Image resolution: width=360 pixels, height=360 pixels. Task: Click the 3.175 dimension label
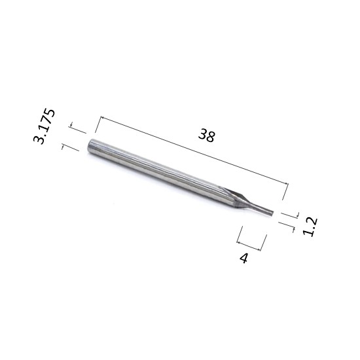[x=45, y=126]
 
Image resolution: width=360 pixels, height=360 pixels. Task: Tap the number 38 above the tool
[x=207, y=135]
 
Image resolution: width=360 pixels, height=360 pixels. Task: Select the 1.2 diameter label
[x=310, y=226]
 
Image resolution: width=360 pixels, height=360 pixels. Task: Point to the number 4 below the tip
[x=244, y=258]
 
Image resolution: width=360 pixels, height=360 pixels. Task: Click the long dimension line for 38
[x=194, y=151]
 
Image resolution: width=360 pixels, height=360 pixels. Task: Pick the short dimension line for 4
[x=249, y=246]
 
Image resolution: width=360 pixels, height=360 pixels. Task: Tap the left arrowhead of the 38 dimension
[x=103, y=118]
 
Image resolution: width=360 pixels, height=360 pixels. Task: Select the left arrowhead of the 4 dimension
[x=238, y=242]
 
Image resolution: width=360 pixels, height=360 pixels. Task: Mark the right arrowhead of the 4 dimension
[x=259, y=249]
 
